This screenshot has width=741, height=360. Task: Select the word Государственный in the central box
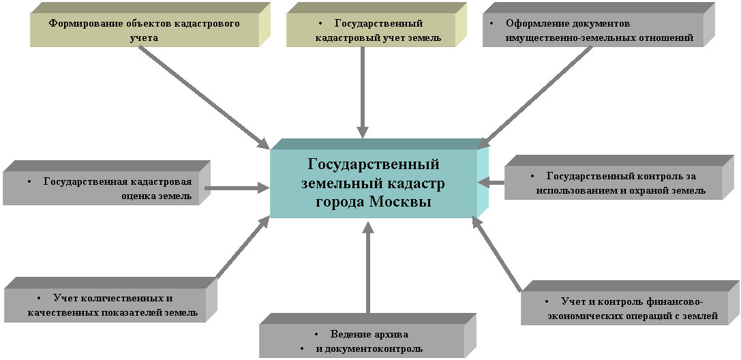point(373,165)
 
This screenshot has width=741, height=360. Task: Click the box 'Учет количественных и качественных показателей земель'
point(109,306)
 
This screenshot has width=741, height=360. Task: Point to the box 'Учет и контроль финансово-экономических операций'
point(631,309)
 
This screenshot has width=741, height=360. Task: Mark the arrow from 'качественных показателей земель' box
point(242,249)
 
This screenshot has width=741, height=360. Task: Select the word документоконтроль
point(378,349)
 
